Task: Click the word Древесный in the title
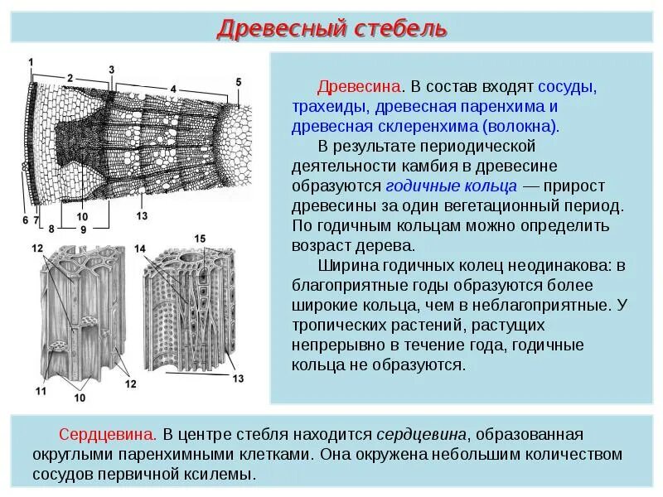[268, 29]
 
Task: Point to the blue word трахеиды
[330, 107]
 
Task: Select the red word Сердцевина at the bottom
[107, 434]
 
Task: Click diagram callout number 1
[31, 62]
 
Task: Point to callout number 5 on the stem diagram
[239, 81]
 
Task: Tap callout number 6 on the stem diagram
[26, 220]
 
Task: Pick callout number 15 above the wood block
[200, 239]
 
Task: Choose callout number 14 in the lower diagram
[140, 248]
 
